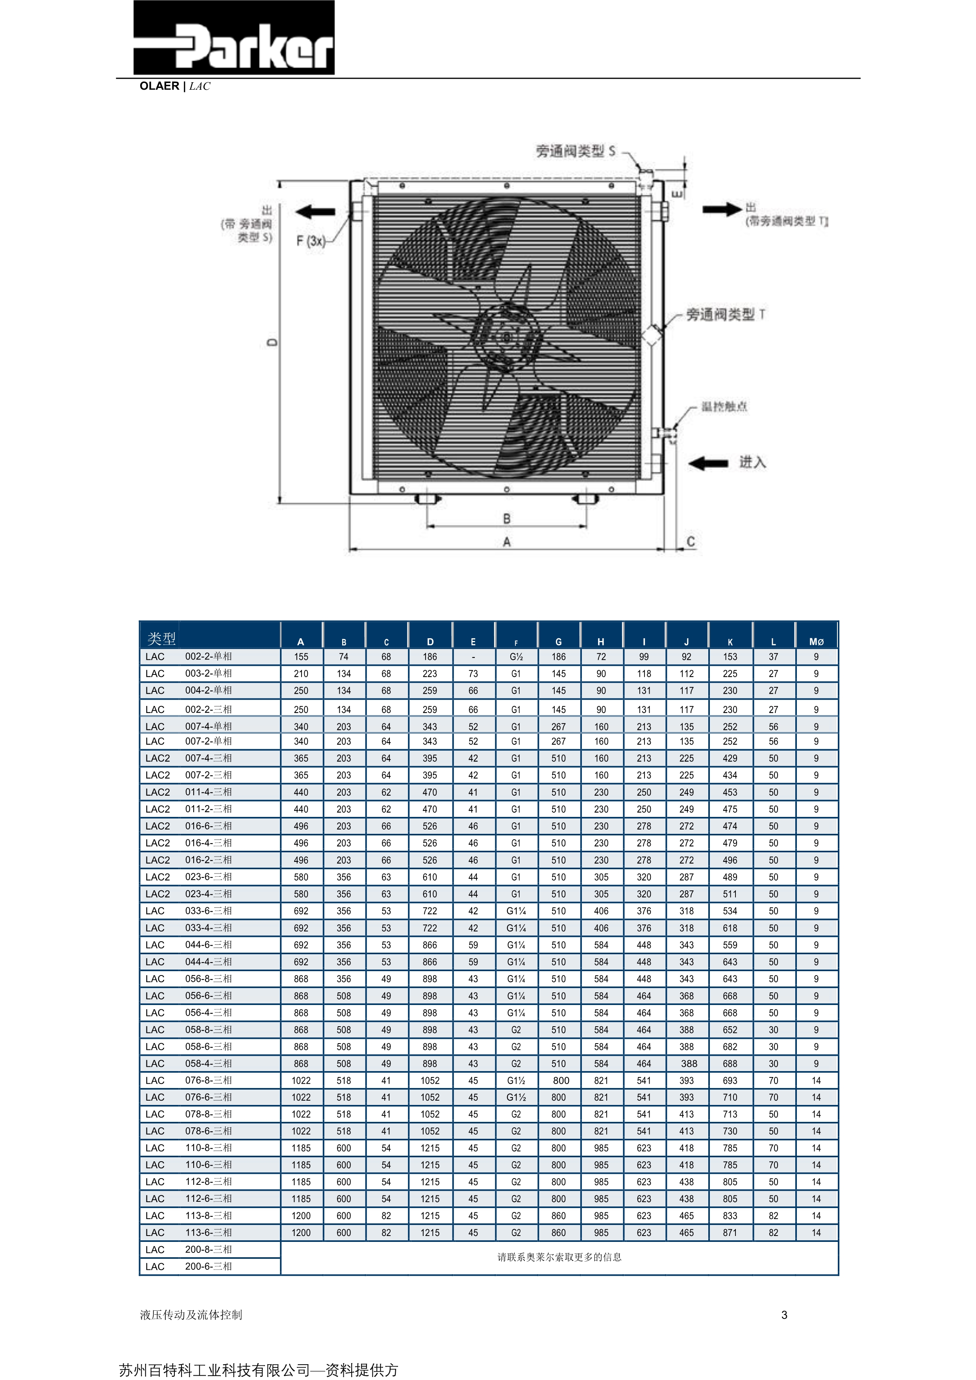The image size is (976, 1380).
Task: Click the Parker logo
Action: tap(233, 38)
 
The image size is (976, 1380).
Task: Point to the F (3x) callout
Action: tap(310, 241)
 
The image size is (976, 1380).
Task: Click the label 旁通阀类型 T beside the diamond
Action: tap(725, 314)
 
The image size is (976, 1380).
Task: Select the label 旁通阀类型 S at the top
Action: tap(576, 151)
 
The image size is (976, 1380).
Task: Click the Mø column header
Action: tap(816, 641)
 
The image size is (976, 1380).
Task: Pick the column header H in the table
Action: tap(601, 641)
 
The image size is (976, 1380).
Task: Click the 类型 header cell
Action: tap(161, 638)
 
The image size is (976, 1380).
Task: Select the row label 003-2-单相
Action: tap(208, 673)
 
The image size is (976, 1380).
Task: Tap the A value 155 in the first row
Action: tap(301, 657)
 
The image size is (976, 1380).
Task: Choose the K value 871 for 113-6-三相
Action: tap(730, 1232)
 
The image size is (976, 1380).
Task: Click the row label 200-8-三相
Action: tap(208, 1249)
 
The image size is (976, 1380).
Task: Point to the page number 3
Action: tap(784, 1315)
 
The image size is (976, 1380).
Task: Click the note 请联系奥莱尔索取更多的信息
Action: tap(559, 1257)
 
